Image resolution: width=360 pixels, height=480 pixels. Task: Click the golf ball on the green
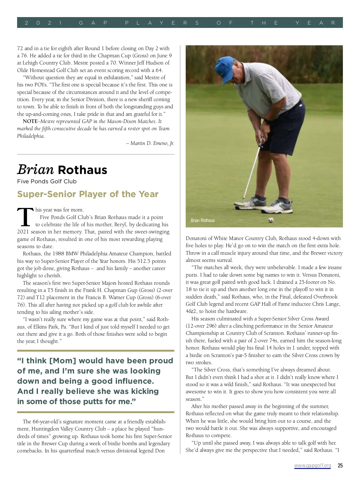point(271,220)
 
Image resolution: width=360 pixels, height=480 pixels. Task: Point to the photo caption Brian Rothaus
point(202,220)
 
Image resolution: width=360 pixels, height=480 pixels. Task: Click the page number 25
point(340,466)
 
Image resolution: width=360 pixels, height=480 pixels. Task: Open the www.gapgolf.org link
point(312,466)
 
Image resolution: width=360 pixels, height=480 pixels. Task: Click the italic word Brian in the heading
point(35,170)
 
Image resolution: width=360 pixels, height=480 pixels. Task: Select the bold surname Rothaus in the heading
point(82,170)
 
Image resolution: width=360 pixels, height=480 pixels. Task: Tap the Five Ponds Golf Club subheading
point(47,181)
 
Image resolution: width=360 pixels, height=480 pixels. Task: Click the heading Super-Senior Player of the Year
point(88,194)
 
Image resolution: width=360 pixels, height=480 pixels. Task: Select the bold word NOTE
point(30,121)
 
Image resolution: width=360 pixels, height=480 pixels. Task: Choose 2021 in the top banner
point(43,23)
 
